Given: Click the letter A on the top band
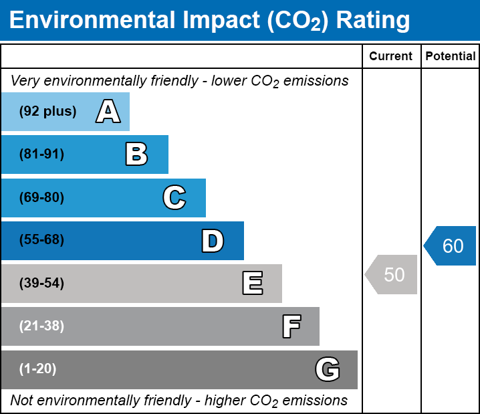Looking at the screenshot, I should point(108,112).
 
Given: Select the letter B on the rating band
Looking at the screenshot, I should point(136,154).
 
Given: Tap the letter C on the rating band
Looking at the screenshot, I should point(174,198).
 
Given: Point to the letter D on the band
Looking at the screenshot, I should point(213,241).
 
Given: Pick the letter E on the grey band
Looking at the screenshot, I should point(252,284).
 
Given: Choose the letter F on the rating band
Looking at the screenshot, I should point(291,326).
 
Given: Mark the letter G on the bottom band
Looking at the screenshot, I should point(328,369).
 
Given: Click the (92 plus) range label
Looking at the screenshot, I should point(47,112).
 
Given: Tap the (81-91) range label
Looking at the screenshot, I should point(41,154).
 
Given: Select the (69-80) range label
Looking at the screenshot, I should point(41,198).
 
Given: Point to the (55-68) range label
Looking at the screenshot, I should point(41,240).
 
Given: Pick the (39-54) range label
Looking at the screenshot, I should point(41,284).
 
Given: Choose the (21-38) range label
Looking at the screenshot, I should point(41,326).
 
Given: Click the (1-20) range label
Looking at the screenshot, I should point(38,369).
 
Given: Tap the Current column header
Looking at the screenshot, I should point(391,57).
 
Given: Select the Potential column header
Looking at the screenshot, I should point(451,57).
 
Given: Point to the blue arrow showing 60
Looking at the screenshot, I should point(451,246).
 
